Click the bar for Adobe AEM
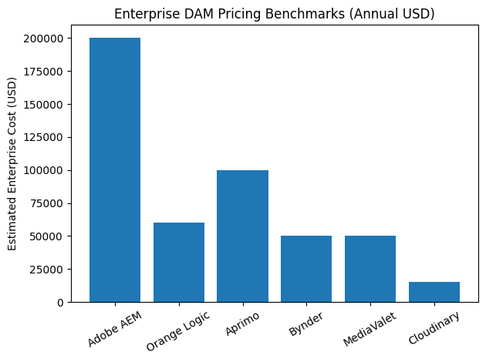coord(115,169)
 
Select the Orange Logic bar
coord(179,262)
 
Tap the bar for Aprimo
coord(242,236)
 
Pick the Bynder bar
coord(306,269)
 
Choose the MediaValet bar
coord(370,269)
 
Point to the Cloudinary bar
coord(434,292)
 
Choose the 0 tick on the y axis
coord(60,302)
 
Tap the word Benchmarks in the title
coord(292,13)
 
